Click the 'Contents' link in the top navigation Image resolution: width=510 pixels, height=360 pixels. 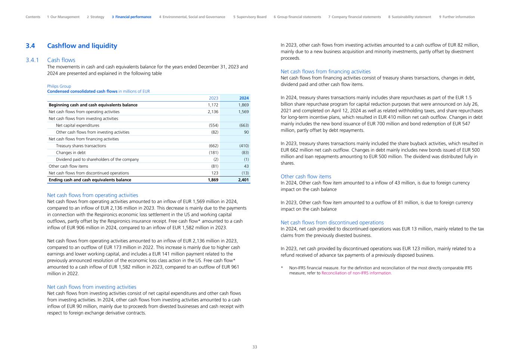pos(33,17)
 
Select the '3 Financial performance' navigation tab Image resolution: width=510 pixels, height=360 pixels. pos(132,17)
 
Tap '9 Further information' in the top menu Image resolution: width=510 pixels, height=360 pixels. pos(457,17)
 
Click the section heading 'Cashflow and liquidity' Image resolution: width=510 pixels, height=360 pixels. pos(82,46)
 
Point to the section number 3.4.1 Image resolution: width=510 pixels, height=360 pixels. pos(33,60)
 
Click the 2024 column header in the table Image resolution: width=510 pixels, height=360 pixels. pos(244,98)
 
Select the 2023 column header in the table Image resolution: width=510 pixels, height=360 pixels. pos(213,98)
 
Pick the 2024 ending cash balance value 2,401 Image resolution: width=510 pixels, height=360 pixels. pos(243,180)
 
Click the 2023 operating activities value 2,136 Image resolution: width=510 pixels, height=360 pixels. pos(213,112)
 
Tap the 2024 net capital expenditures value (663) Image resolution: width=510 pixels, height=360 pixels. pos(244,125)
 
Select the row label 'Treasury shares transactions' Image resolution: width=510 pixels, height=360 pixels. pos(81,146)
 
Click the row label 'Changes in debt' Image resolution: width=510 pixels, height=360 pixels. pos(71,152)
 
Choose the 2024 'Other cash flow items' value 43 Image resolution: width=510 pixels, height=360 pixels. pos(246,166)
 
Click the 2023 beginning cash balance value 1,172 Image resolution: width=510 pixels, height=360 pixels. pos(213,105)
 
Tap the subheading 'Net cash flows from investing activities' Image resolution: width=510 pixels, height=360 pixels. pos(92,287)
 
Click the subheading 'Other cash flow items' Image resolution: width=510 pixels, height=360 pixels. pos(306,176)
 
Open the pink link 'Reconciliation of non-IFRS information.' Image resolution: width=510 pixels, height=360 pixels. pos(356,273)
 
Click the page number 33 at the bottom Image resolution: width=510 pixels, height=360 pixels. pos(255,347)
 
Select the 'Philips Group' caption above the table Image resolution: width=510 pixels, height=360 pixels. pos(59,86)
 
